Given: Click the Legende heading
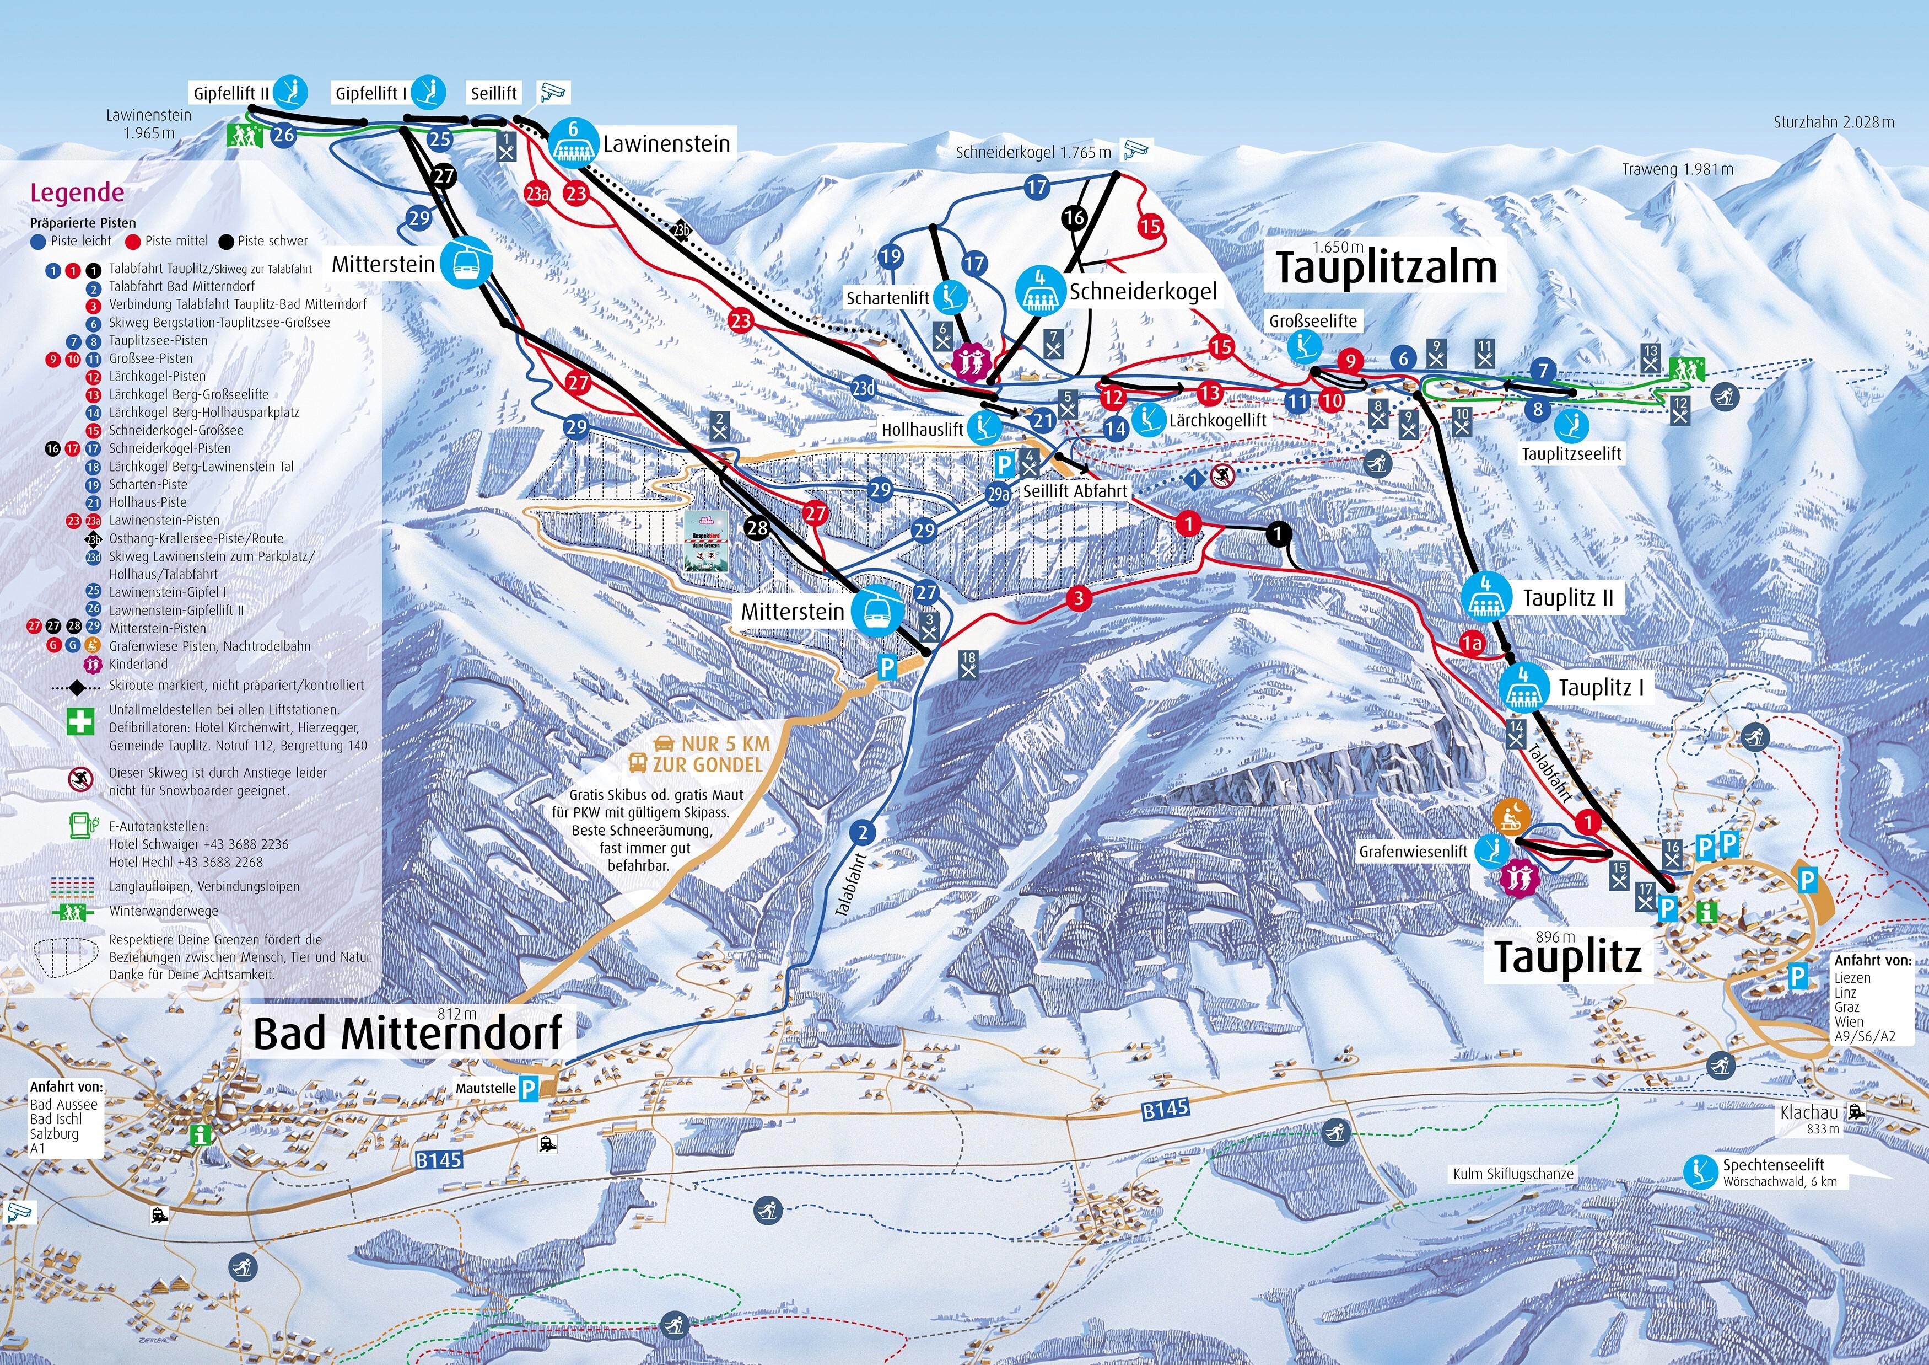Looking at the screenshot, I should pos(77,192).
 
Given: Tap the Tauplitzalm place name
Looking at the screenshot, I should pos(1386,268).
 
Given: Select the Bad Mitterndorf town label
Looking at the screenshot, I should pos(407,1033).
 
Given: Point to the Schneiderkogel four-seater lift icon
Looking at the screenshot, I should pos(1040,290).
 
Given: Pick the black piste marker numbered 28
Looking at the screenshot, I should pos(757,528).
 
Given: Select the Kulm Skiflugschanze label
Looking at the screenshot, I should pos(1513,1174).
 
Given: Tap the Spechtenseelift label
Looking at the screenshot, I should pos(1772,1165).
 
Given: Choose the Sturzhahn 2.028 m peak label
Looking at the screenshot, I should pos(1833,122).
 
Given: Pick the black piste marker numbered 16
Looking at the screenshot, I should pos(1074,218).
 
